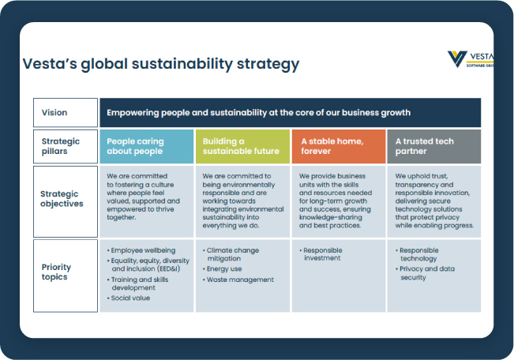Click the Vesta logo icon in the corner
(x=457, y=58)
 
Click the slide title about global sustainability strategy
(x=160, y=64)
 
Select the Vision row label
(x=54, y=113)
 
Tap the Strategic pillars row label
(x=61, y=146)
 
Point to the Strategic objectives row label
(x=62, y=198)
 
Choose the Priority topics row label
(x=56, y=272)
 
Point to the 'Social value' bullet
(x=130, y=298)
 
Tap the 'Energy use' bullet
(x=225, y=269)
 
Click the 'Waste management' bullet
(x=240, y=279)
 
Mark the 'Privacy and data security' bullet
(x=430, y=273)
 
